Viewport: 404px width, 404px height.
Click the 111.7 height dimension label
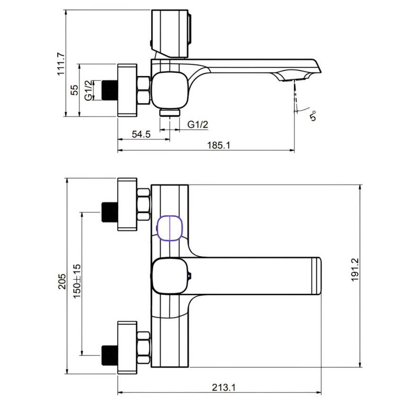[x=61, y=64]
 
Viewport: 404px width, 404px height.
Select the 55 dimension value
[x=74, y=90]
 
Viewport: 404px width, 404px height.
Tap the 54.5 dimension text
[x=141, y=134]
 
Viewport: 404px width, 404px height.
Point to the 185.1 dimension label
[x=219, y=146]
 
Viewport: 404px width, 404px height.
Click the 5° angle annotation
[x=313, y=116]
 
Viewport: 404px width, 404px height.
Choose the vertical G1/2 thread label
[x=88, y=90]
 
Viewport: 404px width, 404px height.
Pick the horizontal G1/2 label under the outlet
[x=198, y=124]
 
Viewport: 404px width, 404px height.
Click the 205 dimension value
[x=62, y=281]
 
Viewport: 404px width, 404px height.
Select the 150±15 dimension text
[x=77, y=281]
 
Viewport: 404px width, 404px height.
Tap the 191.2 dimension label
[x=355, y=270]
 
